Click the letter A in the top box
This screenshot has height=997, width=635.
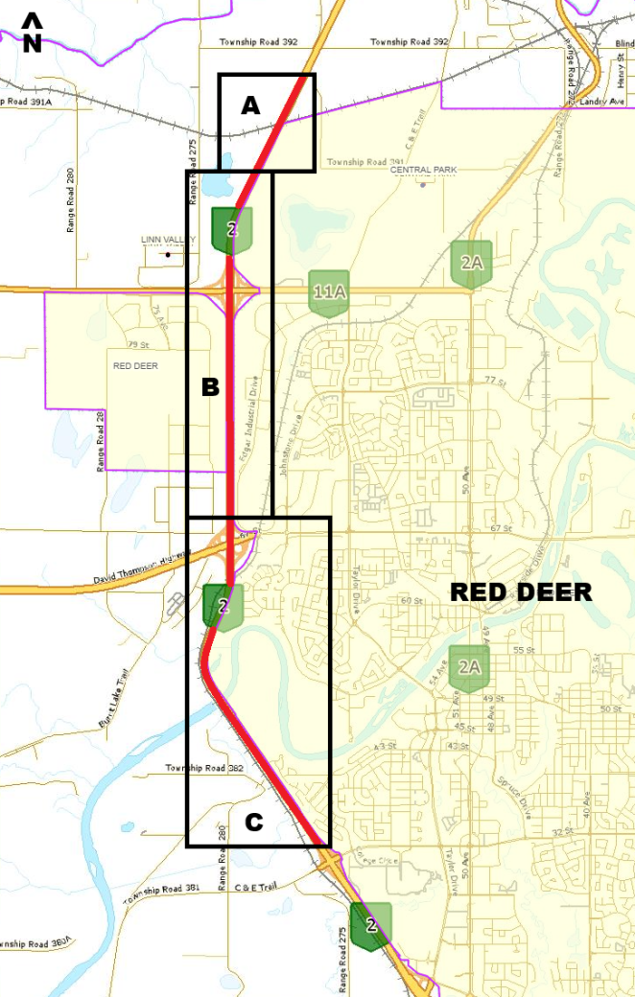coord(250,106)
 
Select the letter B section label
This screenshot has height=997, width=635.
coord(210,387)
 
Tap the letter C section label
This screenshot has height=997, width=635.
coord(254,822)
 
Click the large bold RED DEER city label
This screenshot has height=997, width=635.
coord(521,591)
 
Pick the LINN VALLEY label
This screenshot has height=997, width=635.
coord(167,240)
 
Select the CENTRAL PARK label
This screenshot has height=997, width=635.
coord(423,170)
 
